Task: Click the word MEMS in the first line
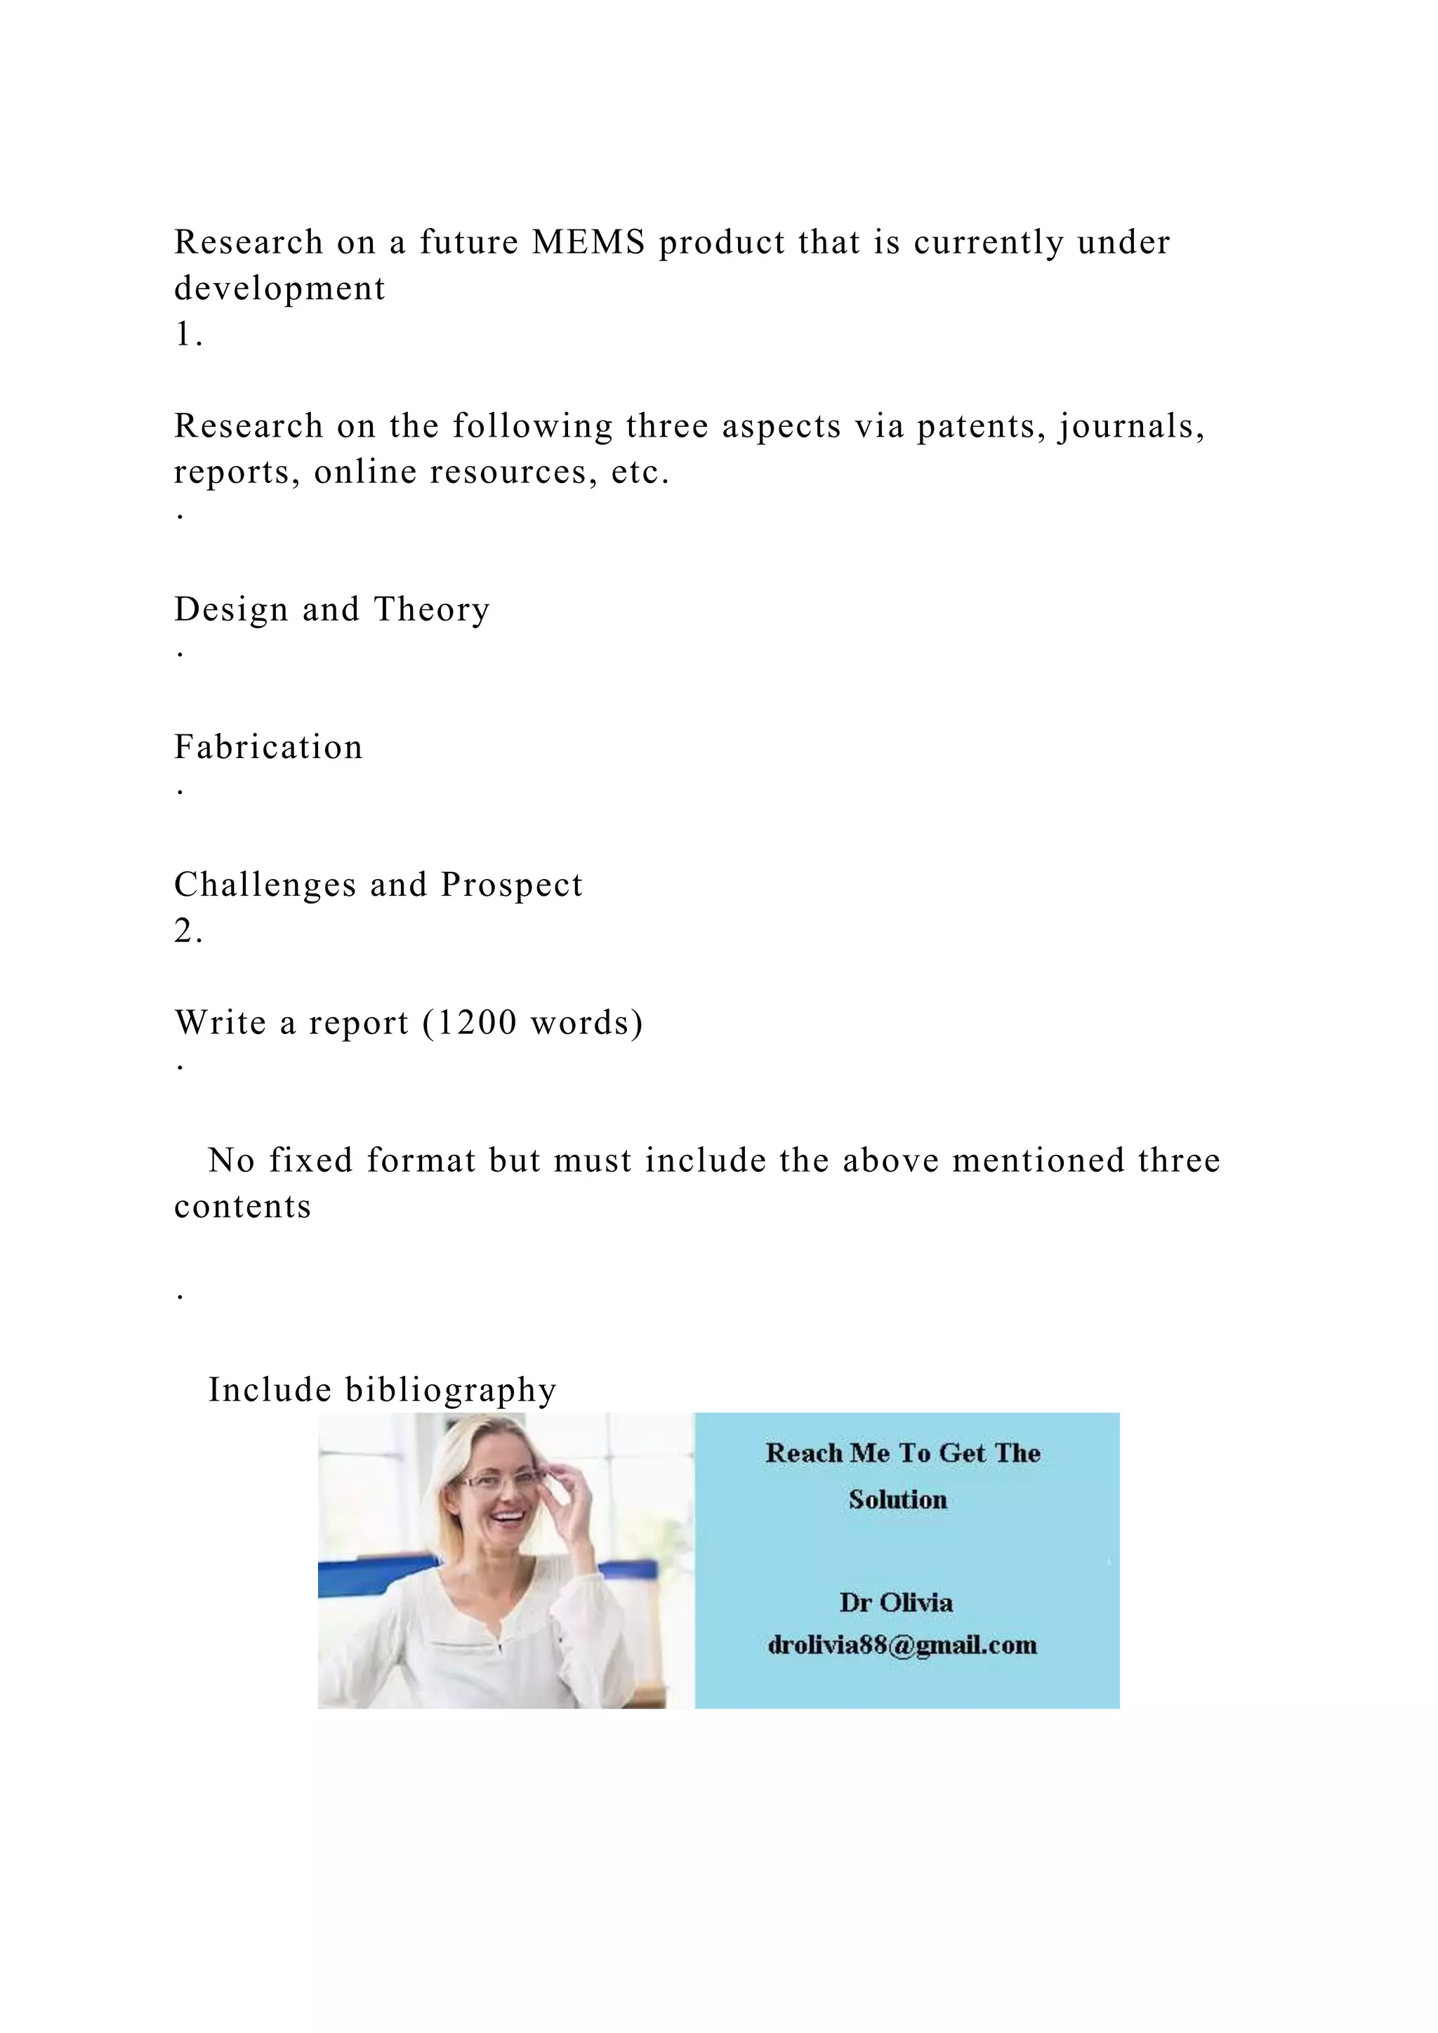pos(588,241)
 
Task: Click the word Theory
pos(431,609)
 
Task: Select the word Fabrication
pos(268,748)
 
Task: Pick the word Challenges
pos(265,885)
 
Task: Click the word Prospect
pos(512,885)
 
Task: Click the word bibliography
pos(451,1390)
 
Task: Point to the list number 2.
pos(187,931)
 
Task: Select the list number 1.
pos(187,334)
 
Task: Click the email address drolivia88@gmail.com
pos(902,1645)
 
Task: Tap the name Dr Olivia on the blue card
pos(896,1602)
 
